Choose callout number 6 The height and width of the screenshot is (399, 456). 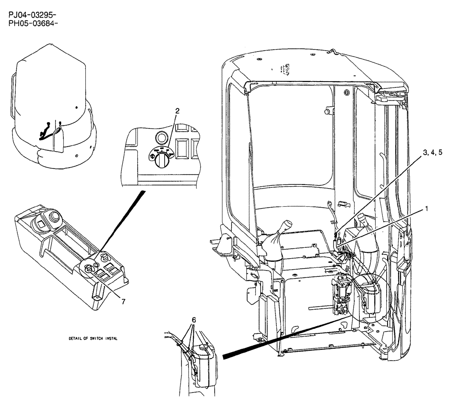click(x=194, y=320)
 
